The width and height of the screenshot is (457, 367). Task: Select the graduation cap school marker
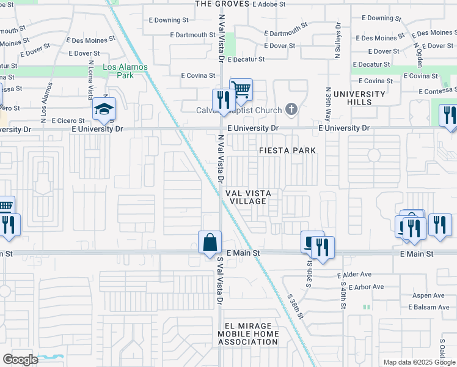point(104,110)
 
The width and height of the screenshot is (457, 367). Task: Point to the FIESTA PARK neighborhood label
point(287,150)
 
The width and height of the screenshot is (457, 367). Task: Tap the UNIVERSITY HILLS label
point(359,98)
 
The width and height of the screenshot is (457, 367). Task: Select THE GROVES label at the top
point(222,4)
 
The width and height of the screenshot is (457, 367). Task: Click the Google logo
point(20,360)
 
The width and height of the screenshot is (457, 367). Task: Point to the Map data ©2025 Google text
point(419,362)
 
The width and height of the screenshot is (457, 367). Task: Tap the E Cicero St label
point(70,121)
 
